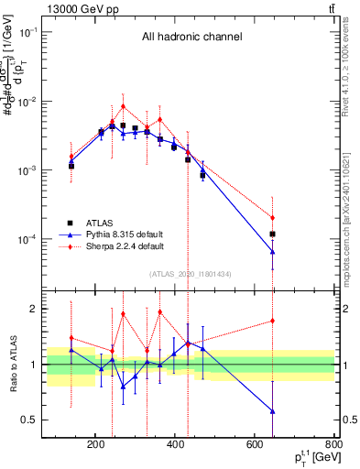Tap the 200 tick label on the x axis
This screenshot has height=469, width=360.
click(x=95, y=445)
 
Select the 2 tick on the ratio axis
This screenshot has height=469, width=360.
click(x=35, y=309)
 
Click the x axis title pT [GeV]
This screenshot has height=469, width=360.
click(x=308, y=458)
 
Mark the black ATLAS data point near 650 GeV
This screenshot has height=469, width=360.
click(x=273, y=234)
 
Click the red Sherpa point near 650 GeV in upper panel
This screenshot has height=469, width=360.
click(x=273, y=217)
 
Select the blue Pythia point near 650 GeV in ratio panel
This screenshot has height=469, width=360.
click(x=273, y=411)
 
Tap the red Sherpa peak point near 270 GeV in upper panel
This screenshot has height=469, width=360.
click(x=123, y=106)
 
